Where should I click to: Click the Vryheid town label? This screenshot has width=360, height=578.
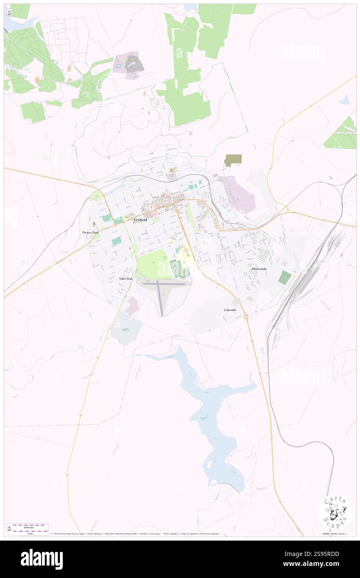tap(140, 220)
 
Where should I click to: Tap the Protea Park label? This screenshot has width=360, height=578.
tap(90, 232)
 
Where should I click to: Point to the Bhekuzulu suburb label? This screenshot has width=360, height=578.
tap(261, 269)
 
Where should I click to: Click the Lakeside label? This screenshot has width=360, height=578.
tap(231, 310)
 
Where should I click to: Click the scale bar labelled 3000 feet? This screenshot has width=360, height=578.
tap(27, 527)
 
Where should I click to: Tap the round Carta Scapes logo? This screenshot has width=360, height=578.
tap(335, 512)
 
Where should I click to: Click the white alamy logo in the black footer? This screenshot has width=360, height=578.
tap(42, 559)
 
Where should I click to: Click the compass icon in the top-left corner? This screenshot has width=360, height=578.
tap(9, 12)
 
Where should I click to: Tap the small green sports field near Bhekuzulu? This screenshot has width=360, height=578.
tap(284, 277)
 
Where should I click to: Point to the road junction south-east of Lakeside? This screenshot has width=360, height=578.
tap(247, 317)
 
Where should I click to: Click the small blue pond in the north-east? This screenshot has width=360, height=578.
tap(344, 100)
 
